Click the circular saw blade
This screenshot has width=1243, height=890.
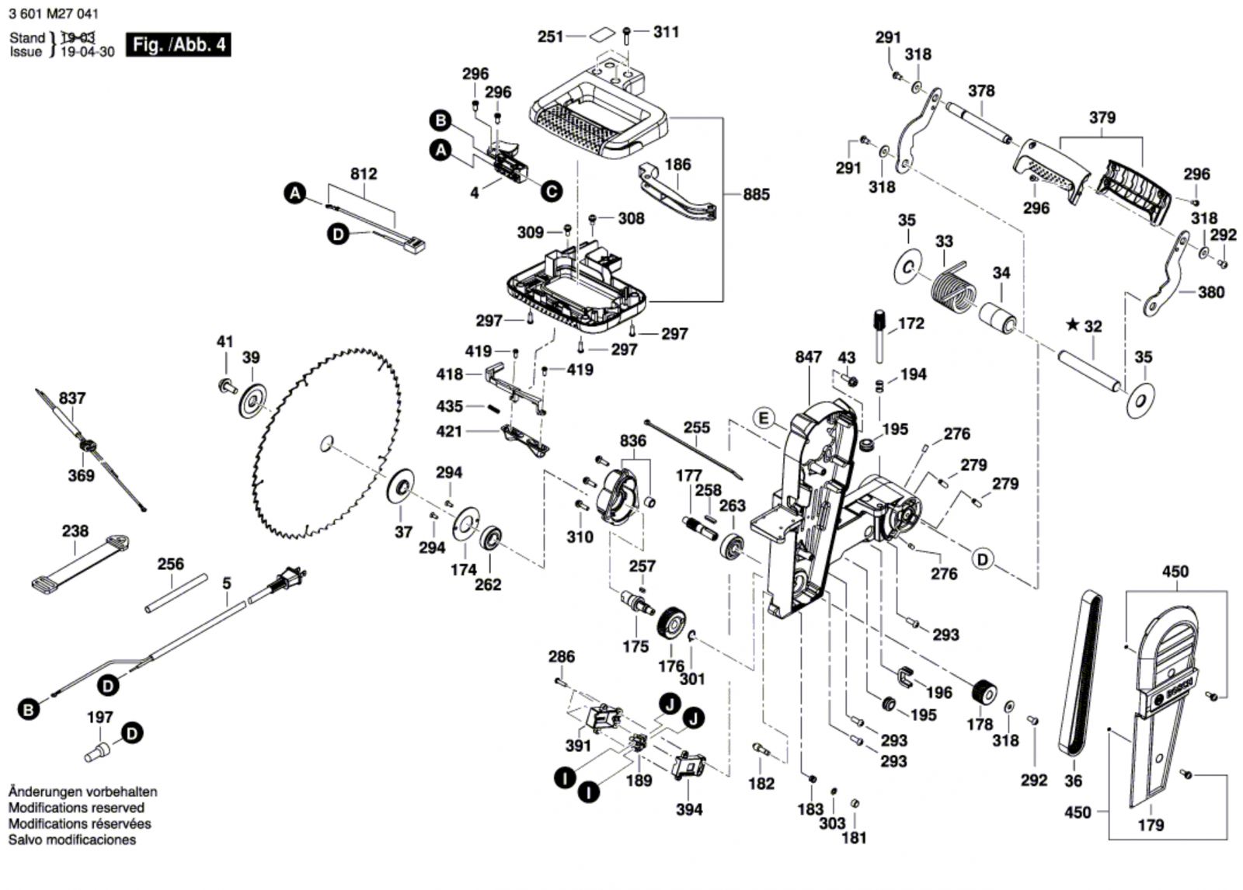click(x=326, y=444)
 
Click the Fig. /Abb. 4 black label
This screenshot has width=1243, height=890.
click(x=179, y=44)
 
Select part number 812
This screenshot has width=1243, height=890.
click(x=364, y=174)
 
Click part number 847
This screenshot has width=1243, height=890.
click(x=808, y=356)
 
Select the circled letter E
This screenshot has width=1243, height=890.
click(x=764, y=419)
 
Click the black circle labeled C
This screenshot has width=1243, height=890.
click(x=551, y=191)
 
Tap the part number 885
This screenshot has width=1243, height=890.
click(x=756, y=193)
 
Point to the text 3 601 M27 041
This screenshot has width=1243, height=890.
click(x=54, y=14)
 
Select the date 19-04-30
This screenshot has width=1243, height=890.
click(x=87, y=52)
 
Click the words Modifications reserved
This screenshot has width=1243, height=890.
click(x=76, y=808)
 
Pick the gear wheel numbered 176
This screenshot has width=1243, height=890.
click(x=670, y=624)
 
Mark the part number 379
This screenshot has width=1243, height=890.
click(x=1102, y=117)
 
